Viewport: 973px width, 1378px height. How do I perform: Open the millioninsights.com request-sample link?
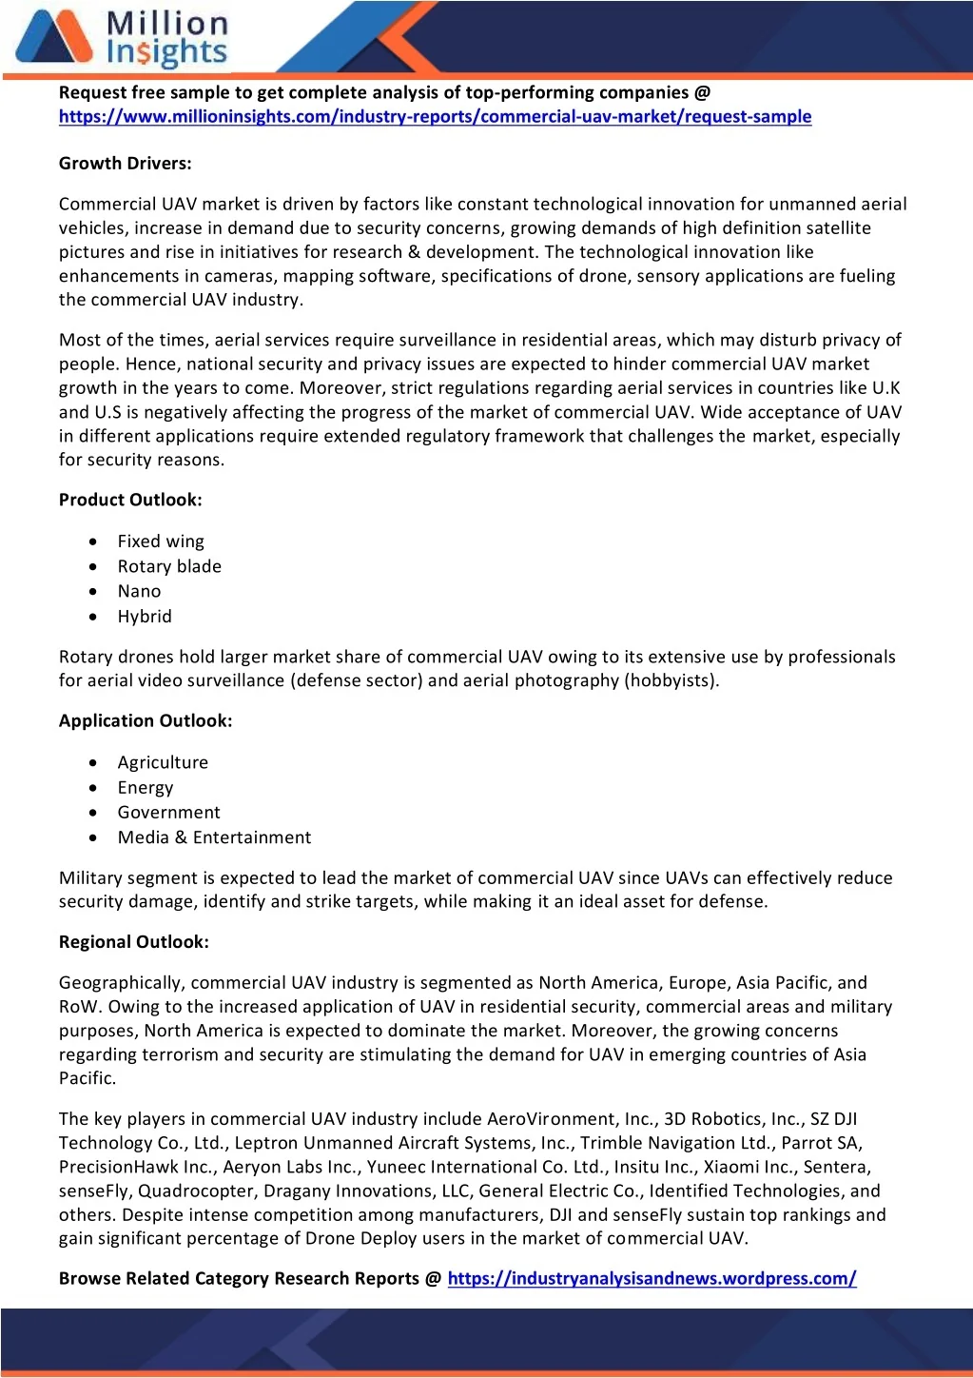[435, 117]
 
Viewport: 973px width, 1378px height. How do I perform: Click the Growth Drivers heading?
[125, 164]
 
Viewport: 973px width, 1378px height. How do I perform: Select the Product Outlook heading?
[130, 501]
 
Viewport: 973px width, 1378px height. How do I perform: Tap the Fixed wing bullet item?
[161, 541]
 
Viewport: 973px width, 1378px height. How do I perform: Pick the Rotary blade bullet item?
[169, 566]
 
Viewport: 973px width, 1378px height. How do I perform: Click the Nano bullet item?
[139, 591]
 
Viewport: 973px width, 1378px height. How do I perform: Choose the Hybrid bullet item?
[145, 617]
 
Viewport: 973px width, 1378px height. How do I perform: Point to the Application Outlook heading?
[146, 721]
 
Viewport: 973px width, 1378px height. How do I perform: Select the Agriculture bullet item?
[163, 762]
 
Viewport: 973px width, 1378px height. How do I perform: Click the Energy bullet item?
[146, 788]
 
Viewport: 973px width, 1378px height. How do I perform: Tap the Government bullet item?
[168, 813]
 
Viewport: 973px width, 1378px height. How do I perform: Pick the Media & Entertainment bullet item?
[214, 837]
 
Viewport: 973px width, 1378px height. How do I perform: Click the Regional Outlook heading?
[133, 942]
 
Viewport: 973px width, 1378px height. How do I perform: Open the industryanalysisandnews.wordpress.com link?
[652, 1279]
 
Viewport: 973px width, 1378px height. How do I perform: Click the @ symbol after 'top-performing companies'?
[702, 93]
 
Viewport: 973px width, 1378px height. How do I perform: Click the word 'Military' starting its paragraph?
[89, 878]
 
